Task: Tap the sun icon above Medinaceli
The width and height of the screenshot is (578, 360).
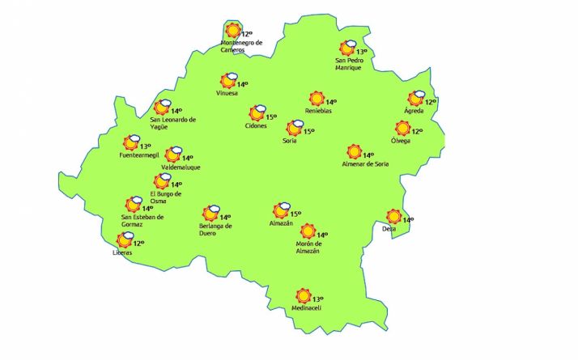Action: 304,296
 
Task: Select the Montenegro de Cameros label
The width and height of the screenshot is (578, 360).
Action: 241,46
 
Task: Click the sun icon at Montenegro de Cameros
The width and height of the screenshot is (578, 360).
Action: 233,31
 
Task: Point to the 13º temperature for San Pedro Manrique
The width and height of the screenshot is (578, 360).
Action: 361,52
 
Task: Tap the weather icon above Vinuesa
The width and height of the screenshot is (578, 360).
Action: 229,80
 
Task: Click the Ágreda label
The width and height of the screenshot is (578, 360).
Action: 424,111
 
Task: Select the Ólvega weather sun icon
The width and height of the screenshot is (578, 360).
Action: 402,128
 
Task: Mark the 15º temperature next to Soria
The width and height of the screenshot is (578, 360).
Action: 308,131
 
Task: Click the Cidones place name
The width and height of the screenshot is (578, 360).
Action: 256,125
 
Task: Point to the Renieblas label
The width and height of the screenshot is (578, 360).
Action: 318,111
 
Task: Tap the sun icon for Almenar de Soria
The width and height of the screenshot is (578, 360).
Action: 354,151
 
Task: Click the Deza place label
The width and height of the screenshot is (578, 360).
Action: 390,229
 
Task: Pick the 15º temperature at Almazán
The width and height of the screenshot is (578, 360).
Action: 295,214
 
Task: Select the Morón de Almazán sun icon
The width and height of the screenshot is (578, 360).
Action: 308,232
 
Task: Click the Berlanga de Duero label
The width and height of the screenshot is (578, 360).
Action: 215,230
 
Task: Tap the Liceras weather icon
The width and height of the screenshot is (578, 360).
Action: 125,239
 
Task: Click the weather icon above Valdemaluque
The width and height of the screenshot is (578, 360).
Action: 173,155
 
